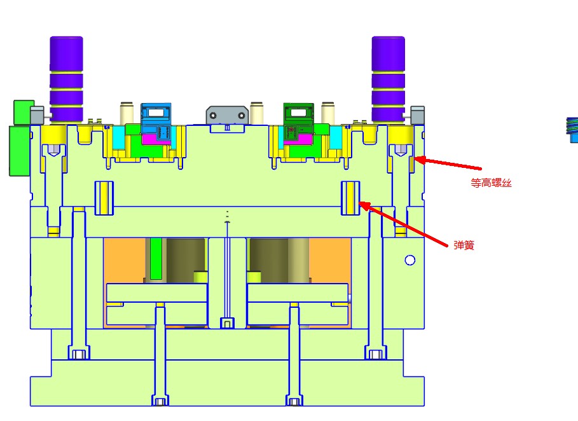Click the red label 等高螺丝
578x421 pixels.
click(491, 183)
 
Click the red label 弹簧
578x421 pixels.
click(464, 245)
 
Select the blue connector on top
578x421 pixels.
click(156, 114)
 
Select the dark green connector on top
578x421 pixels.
click(299, 114)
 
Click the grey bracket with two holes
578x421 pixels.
click(226, 115)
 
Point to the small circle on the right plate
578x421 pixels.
click(410, 259)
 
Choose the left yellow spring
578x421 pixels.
click(104, 197)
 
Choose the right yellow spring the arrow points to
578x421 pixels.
click(352, 197)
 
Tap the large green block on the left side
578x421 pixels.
click(19, 149)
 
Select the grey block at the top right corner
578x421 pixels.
click(418, 115)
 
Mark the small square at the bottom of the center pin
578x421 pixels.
click(226, 323)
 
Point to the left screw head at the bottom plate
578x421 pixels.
click(160, 401)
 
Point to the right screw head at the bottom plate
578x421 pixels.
click(294, 401)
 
